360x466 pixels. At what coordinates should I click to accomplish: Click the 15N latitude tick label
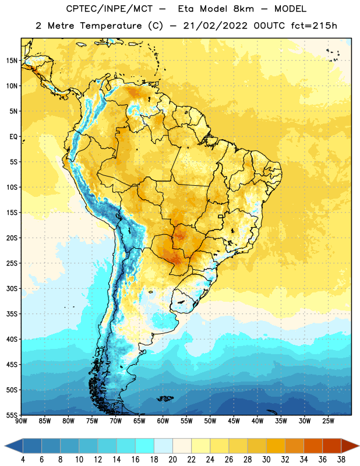click(x=12, y=61)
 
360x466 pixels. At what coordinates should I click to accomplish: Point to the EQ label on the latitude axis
click(x=13, y=137)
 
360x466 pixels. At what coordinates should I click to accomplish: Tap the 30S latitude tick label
click(x=12, y=288)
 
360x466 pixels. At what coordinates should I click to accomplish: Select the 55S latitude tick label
click(x=12, y=415)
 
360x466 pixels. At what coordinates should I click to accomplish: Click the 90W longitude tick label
click(x=21, y=421)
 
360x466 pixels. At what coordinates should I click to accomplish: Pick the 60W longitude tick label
click(x=163, y=421)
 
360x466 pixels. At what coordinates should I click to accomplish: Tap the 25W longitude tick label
click(x=328, y=421)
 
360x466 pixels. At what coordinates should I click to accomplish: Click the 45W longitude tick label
click(x=234, y=421)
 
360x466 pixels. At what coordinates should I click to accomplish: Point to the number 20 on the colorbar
click(x=172, y=460)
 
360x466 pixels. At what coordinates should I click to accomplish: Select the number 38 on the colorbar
click(x=341, y=460)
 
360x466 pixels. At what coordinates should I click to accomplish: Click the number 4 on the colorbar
click(x=23, y=460)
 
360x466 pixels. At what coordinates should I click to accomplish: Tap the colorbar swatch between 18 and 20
click(x=164, y=446)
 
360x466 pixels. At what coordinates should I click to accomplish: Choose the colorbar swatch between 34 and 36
click(x=313, y=446)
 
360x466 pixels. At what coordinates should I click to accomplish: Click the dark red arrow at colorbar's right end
click(x=350, y=446)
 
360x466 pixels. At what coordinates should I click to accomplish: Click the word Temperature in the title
click(x=111, y=26)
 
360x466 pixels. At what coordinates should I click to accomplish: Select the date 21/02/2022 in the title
click(x=215, y=26)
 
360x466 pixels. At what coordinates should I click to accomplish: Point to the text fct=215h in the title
click(x=314, y=26)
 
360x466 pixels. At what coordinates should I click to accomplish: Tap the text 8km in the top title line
click(x=243, y=9)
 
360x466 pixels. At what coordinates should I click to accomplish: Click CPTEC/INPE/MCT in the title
click(x=110, y=9)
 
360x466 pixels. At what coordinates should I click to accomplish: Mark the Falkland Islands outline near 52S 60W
click(x=165, y=398)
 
